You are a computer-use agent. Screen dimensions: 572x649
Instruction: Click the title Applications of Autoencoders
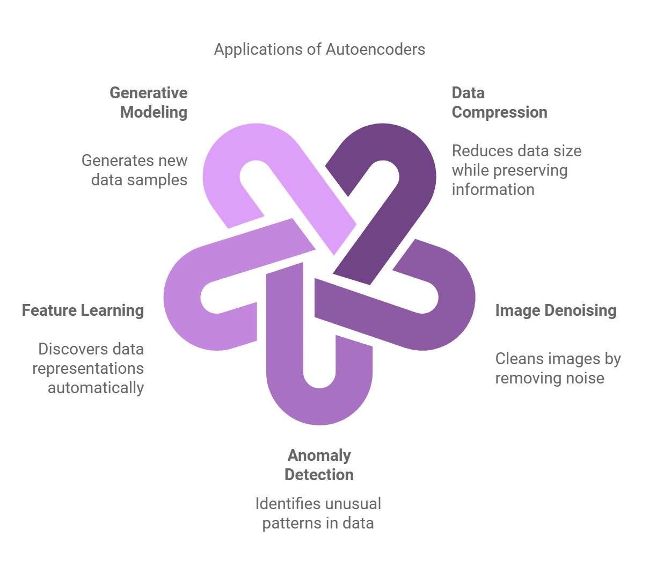click(x=319, y=49)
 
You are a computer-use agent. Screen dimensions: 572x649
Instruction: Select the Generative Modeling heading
click(x=149, y=102)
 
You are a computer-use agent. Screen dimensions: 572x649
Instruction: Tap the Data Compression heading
click(x=499, y=102)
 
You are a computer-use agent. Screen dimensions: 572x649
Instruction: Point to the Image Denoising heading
click(x=556, y=310)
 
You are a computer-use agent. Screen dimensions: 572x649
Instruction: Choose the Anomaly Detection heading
click(x=319, y=465)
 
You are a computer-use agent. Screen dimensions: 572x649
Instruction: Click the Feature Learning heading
click(x=83, y=310)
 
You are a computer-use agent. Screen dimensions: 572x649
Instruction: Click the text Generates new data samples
click(x=134, y=170)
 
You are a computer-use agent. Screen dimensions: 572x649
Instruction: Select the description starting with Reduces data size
click(x=516, y=170)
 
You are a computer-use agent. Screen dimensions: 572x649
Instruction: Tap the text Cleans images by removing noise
click(x=558, y=368)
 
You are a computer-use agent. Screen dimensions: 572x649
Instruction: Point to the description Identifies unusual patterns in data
click(x=318, y=513)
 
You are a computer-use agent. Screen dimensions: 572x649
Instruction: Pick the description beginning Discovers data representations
click(x=89, y=368)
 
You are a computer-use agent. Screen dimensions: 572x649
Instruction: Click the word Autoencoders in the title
click(x=375, y=49)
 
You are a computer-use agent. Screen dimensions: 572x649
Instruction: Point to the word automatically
click(x=96, y=387)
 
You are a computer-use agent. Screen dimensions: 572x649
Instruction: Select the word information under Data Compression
click(x=493, y=189)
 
